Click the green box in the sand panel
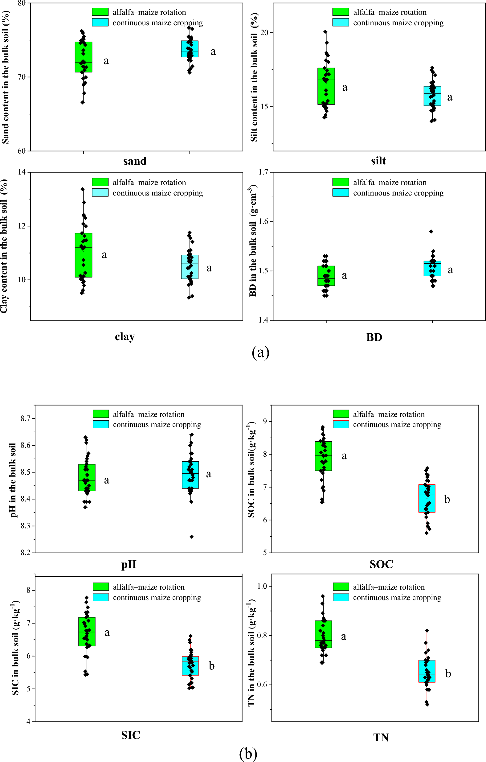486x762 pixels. click(x=84, y=57)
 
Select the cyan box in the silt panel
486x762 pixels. click(x=432, y=96)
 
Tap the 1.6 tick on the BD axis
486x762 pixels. click(x=263, y=221)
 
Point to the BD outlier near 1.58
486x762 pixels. click(x=431, y=231)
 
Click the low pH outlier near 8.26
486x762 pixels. click(x=192, y=537)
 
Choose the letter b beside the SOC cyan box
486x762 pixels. click(x=447, y=499)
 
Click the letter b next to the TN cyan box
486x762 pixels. click(x=448, y=673)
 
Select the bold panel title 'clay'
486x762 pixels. click(x=125, y=336)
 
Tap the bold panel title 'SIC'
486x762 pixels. click(x=131, y=735)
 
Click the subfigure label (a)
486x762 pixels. click(x=260, y=352)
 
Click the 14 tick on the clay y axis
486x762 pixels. click(x=22, y=172)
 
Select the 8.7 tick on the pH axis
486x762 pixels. click(x=25, y=418)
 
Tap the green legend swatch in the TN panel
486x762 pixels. click(x=341, y=586)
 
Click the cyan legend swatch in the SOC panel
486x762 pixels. click(x=341, y=424)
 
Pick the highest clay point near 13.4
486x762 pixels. click(x=83, y=189)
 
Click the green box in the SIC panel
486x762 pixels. click(x=87, y=632)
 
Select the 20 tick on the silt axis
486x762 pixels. click(x=264, y=33)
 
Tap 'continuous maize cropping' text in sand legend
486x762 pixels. click(x=157, y=23)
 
